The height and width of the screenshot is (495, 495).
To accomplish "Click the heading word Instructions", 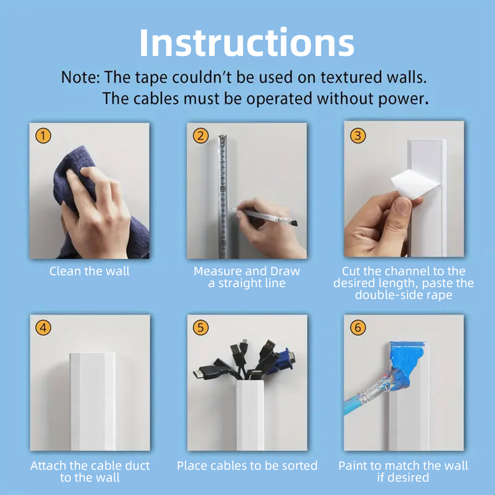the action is coord(247,43).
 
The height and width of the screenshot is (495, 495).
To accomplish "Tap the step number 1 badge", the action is coord(43,136).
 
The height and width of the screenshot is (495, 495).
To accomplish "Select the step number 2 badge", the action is coord(200,136).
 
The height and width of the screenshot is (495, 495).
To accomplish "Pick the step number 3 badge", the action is coord(358,136).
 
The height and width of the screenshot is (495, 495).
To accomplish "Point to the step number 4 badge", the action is coord(43,327).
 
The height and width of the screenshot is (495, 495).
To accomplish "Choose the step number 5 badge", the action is coord(200,327).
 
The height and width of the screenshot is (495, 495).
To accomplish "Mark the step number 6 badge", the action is coord(358,327).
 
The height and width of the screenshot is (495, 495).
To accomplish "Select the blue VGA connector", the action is coord(282,360).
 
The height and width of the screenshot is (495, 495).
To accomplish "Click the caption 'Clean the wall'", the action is coord(89,271).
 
